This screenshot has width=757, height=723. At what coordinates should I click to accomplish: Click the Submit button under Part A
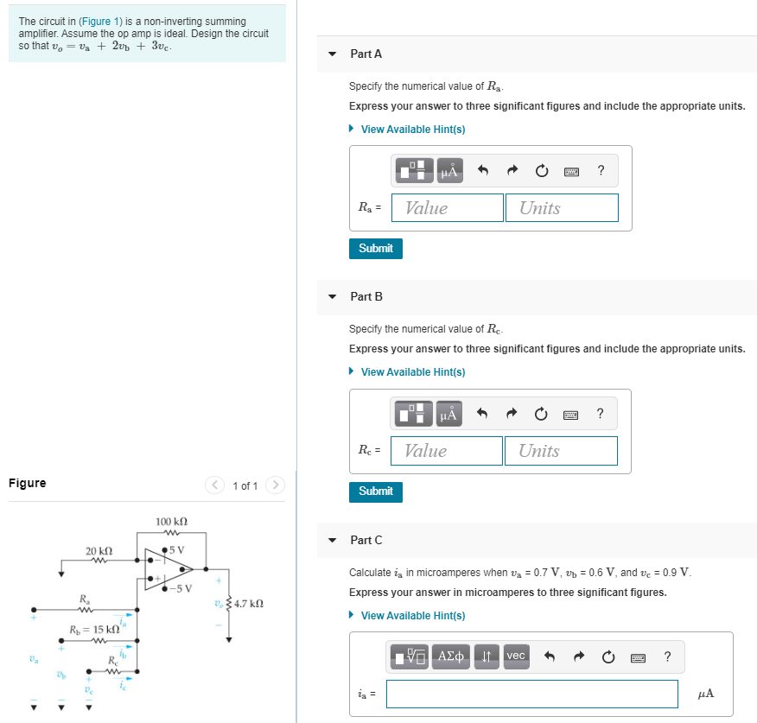coord(375,248)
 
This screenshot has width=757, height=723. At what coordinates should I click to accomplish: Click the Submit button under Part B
coord(375,491)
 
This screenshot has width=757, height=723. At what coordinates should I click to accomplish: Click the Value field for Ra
coord(447,207)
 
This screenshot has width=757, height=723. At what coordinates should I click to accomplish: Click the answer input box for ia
coord(531,694)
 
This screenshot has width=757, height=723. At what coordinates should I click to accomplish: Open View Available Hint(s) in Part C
coord(412,615)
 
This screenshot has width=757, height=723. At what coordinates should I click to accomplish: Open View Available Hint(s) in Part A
coord(412,129)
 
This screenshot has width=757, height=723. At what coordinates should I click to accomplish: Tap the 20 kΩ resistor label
coord(99,550)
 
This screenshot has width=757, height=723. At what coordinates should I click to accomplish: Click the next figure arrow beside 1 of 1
coord(275,485)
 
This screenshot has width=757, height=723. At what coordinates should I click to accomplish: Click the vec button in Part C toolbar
coord(515,656)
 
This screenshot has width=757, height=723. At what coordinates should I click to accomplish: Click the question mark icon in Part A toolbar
coord(601,170)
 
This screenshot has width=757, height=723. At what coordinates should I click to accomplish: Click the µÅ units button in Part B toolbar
coord(448,414)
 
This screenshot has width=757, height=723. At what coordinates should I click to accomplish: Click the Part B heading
coord(366,296)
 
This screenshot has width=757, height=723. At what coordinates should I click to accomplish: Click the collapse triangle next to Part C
coord(333,540)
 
